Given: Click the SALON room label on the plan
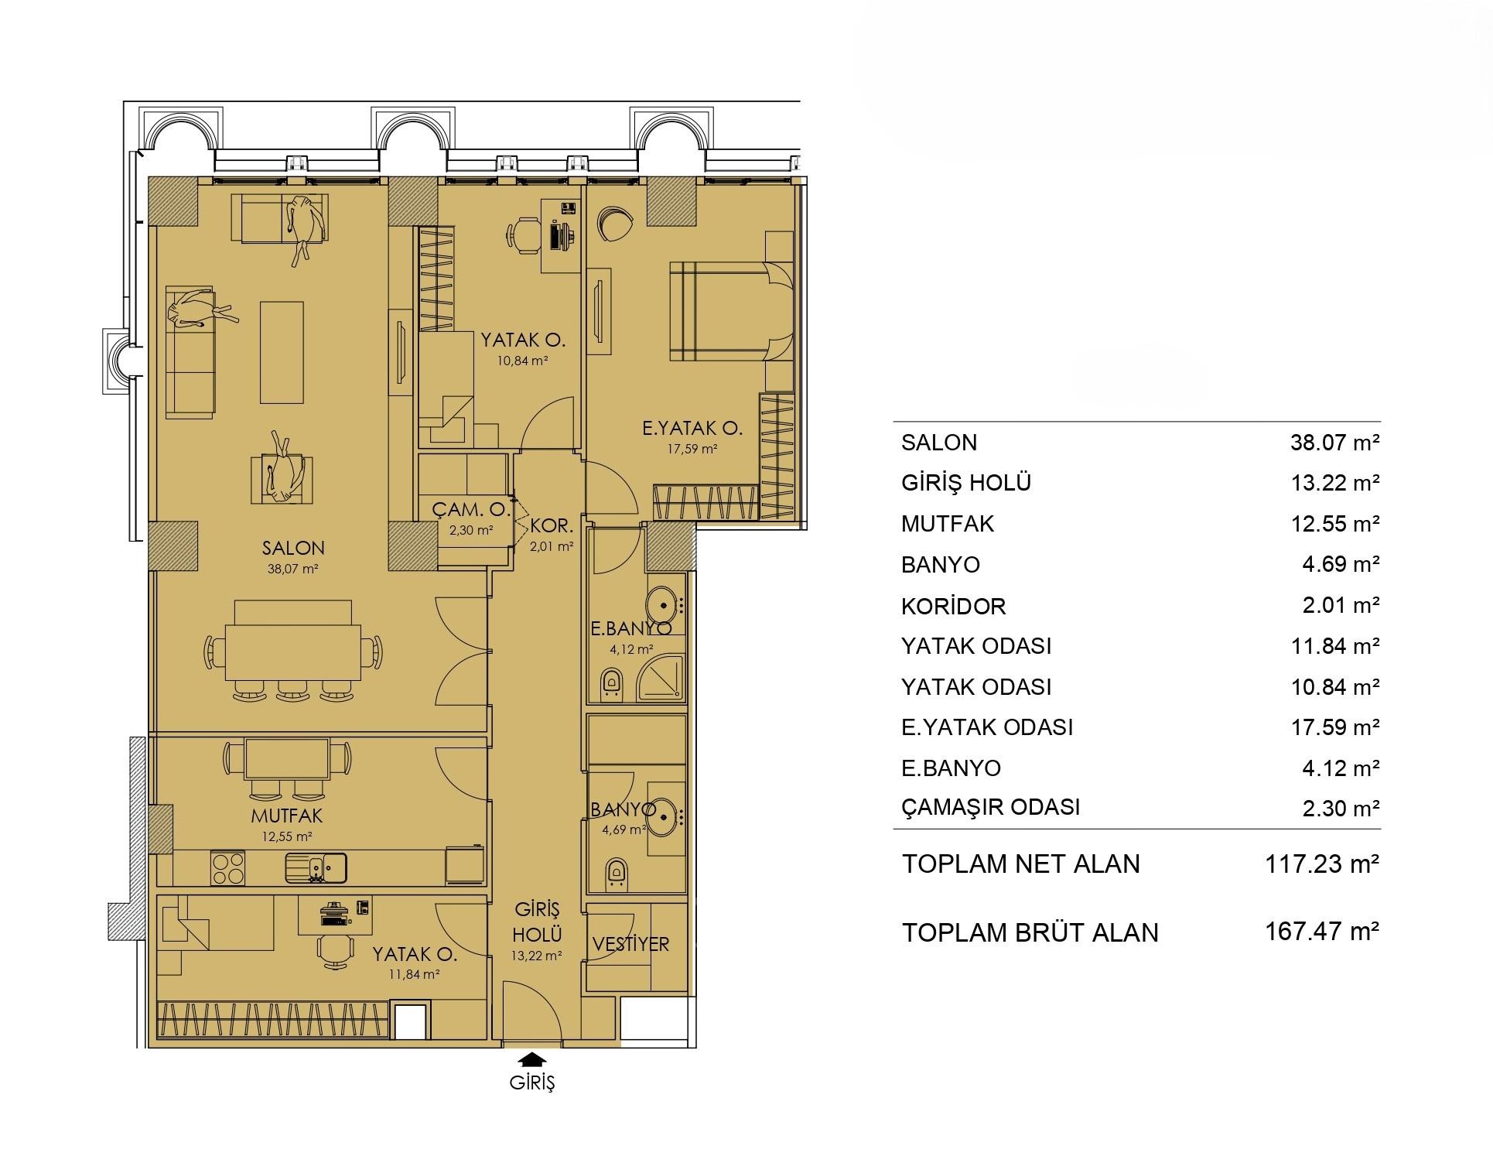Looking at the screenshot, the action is tap(293, 548).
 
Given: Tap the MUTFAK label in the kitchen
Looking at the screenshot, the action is tap(286, 816).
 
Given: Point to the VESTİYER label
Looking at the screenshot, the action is tap(630, 944).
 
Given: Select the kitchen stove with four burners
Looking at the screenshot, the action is tap(228, 867).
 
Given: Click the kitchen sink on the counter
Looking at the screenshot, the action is tap(316, 868).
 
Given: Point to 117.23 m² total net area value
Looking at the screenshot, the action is tap(1322, 864).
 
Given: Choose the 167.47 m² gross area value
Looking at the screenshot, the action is tap(1322, 931).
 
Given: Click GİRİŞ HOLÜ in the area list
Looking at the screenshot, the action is tap(966, 482).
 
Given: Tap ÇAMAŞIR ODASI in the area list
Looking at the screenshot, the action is tap(990, 807).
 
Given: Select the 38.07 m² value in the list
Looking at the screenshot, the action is tap(1335, 443).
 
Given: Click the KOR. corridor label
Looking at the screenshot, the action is tap(552, 527).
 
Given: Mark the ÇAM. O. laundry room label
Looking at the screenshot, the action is tap(471, 510).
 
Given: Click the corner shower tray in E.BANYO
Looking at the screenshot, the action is tap(662, 677).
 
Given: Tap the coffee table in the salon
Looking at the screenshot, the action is tap(282, 352).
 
